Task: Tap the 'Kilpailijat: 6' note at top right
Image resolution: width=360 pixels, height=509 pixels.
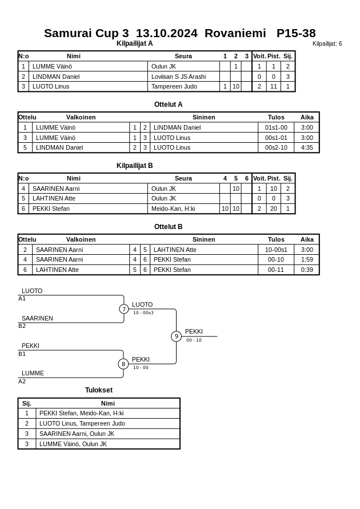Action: [x=327, y=44]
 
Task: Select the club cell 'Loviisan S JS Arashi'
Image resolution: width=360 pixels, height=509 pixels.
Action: [x=178, y=77]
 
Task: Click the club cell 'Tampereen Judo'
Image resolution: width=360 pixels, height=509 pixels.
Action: [x=174, y=87]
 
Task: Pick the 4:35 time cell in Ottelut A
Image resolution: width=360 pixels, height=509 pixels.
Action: [x=307, y=147]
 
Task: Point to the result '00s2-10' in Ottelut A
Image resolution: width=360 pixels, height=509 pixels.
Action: [x=276, y=147]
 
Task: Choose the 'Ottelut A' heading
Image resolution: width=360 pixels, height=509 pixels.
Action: [x=168, y=105]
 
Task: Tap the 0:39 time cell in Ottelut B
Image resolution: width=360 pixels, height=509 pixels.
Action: [x=307, y=270]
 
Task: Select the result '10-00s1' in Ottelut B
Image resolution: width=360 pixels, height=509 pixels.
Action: [x=276, y=250]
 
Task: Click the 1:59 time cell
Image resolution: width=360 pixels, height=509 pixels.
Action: [x=307, y=259]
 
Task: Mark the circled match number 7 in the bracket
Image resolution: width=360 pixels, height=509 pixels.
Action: [x=124, y=309]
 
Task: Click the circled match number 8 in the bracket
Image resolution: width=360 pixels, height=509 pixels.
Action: [x=123, y=364]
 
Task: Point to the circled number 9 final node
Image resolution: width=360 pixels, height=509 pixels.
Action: [x=176, y=336]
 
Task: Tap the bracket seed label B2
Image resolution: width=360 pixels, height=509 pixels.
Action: [x=22, y=326]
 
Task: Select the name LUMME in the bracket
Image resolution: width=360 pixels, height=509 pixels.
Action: [x=33, y=373]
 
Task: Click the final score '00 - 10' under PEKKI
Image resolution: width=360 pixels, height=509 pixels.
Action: [x=194, y=340]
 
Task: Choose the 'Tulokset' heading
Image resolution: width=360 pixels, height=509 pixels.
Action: [x=99, y=390]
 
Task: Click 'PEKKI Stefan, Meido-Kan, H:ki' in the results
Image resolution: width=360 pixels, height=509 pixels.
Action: [x=81, y=414]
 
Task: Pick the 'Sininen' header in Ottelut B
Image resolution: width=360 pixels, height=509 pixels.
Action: [x=203, y=239]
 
